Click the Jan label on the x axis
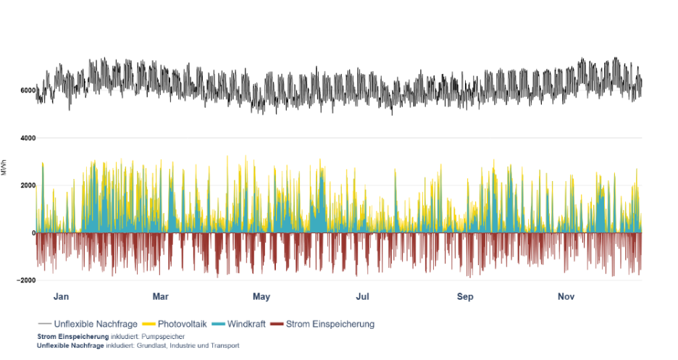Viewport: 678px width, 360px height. coord(62,296)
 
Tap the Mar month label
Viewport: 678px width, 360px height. coord(160,296)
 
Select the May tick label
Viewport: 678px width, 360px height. coord(261,296)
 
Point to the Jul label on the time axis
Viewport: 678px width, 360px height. coord(363,296)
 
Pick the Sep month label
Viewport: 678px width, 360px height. coord(465,296)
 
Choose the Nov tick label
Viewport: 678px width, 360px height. coord(566,296)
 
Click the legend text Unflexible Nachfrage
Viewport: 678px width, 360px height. coord(96,324)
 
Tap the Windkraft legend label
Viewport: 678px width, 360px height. coord(246,324)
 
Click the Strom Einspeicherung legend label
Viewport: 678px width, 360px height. coord(330,324)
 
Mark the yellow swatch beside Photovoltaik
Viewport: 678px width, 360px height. coord(148,324)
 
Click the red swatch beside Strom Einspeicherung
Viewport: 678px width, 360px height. coord(277,324)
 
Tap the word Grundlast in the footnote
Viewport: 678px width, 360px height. coord(143,346)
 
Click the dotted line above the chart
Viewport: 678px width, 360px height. coord(339,91)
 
